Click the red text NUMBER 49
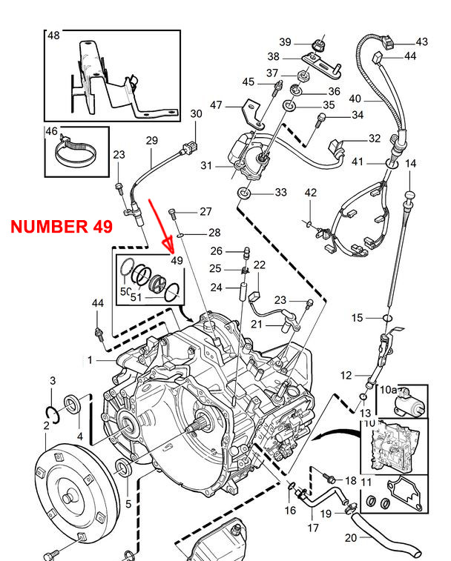point(62,227)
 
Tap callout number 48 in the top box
point(54,36)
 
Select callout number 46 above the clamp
point(51,132)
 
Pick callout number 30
point(196,114)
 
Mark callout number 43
point(421,42)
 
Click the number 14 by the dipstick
point(412,164)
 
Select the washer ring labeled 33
point(243,193)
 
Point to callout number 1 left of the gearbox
point(90,360)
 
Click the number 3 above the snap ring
point(53,381)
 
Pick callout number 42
point(311,193)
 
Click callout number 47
point(216,106)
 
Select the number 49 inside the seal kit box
point(177,260)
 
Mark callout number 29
point(151,141)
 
